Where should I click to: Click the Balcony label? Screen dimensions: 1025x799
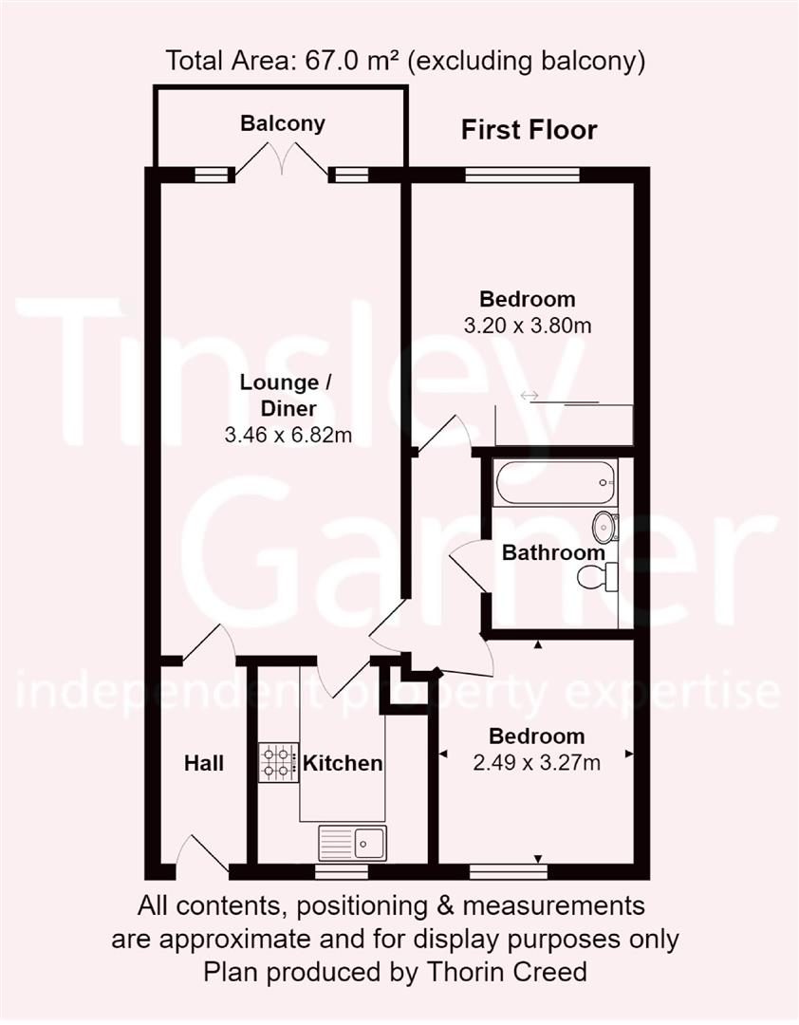pyautogui.click(x=282, y=123)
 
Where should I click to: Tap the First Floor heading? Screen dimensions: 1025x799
pyautogui.click(x=529, y=130)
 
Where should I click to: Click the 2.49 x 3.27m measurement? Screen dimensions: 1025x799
pyautogui.click(x=536, y=761)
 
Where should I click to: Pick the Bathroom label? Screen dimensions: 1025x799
pyautogui.click(x=553, y=552)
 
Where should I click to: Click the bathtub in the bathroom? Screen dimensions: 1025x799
pyautogui.click(x=554, y=482)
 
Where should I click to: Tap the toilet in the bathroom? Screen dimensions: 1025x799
pyautogui.click(x=599, y=575)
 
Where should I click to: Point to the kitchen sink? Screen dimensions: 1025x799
pyautogui.click(x=352, y=842)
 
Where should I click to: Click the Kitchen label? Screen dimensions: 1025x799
pyautogui.click(x=343, y=763)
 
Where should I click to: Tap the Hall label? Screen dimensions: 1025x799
pyautogui.click(x=204, y=763)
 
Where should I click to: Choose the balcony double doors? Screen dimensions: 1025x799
pyautogui.click(x=282, y=160)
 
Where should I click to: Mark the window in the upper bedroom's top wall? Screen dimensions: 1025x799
pyautogui.click(x=522, y=175)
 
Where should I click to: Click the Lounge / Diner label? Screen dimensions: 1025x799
pyautogui.click(x=278, y=396)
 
